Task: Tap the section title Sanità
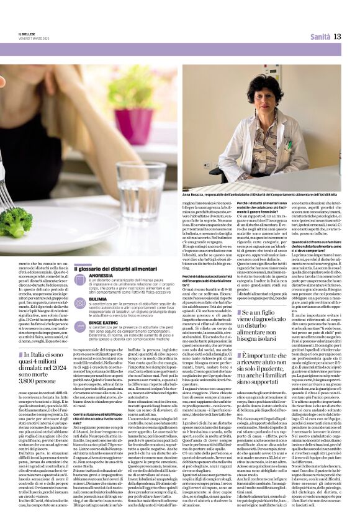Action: point(320,37)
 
